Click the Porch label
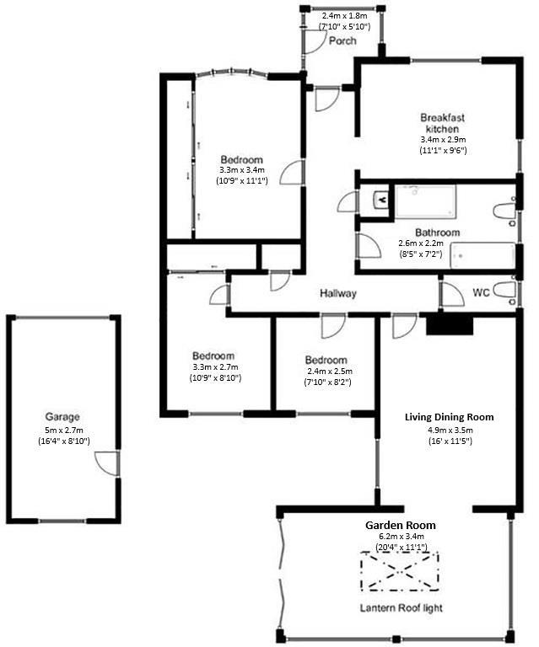pos(342,40)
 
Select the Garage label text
pos(62,417)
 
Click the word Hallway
pos(337,294)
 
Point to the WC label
pos(482,293)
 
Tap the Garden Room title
pos(401,525)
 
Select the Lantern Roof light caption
pos(401,608)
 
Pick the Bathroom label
pos(437,233)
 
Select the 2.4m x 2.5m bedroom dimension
pos(326,371)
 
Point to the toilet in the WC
pos(504,291)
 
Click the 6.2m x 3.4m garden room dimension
pos(401,537)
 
